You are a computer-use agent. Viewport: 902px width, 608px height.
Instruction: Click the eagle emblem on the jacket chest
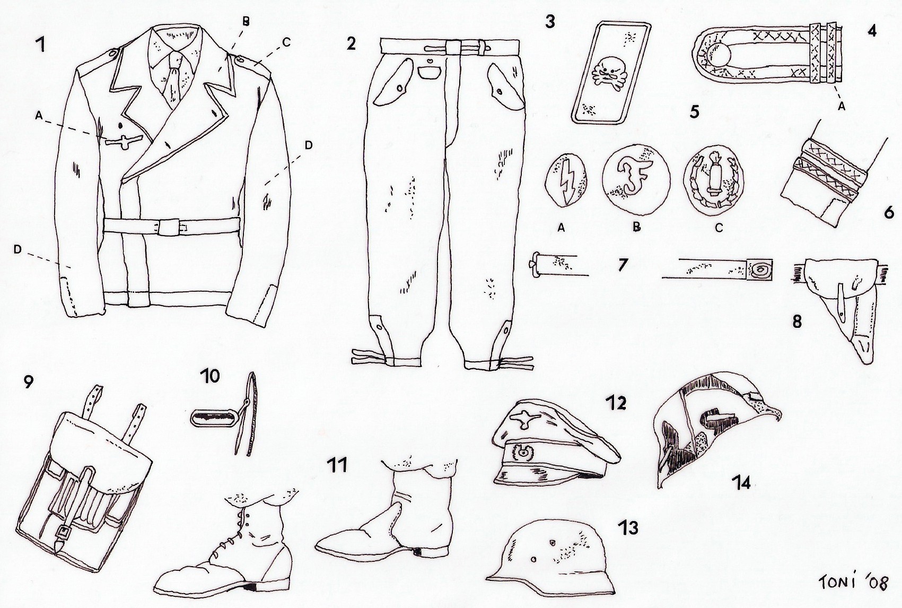click(x=125, y=140)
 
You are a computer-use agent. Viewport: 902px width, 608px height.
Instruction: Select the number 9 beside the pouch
click(x=28, y=382)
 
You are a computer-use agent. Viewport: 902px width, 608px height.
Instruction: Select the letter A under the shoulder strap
click(x=841, y=106)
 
